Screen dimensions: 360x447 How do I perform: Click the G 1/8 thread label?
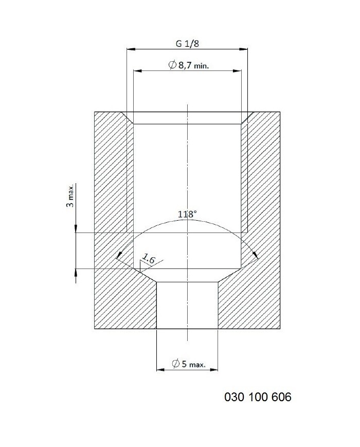click(187, 44)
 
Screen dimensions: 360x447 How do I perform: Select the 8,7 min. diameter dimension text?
click(193, 65)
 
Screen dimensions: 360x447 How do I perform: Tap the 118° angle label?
click(187, 214)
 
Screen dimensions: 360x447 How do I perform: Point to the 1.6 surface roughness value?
click(148, 259)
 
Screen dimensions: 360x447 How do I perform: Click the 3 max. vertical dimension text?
click(70, 195)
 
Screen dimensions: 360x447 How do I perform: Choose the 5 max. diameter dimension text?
click(193, 364)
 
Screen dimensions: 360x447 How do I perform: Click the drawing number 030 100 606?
click(258, 397)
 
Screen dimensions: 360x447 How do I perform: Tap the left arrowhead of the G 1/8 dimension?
click(131, 49)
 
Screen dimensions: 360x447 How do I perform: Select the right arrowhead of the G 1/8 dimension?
click(243, 49)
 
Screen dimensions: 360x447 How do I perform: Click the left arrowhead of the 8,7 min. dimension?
click(138, 70)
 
